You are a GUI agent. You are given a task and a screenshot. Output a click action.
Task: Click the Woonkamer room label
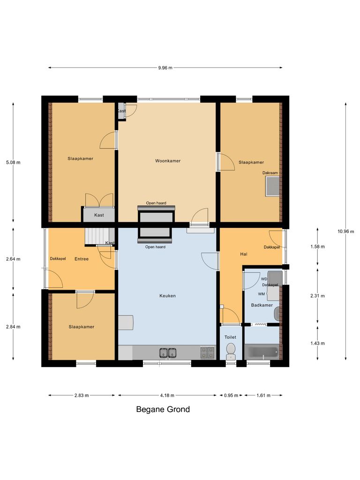click(168, 161)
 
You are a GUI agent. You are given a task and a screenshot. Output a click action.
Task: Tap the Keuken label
click(167, 296)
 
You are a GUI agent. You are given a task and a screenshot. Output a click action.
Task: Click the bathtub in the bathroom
click(262, 352)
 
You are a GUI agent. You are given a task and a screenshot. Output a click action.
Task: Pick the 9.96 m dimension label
click(165, 68)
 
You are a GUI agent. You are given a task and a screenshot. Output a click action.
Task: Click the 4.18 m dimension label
click(167, 395)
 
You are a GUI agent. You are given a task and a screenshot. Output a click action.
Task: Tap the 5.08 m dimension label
click(13, 163)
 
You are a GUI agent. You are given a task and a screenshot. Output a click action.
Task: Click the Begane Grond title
click(163, 409)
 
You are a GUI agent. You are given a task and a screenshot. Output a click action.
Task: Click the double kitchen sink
click(167, 352)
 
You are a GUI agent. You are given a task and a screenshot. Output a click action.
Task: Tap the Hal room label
click(243, 254)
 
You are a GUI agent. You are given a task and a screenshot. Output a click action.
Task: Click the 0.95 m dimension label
click(231, 395)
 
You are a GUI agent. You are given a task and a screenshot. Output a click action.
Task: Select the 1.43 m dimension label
click(317, 343)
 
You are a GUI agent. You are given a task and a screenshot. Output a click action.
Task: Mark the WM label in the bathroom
click(261, 294)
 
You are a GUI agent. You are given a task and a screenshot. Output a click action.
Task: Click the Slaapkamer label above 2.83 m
click(82, 327)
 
